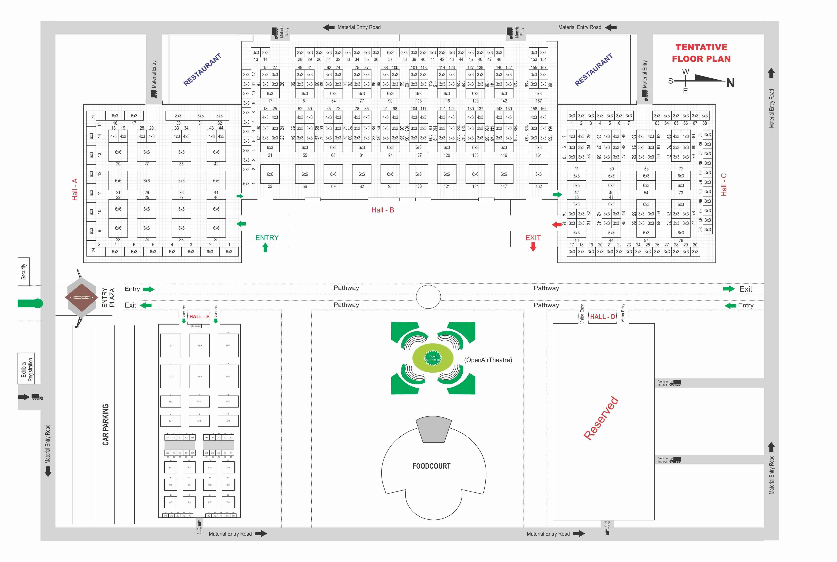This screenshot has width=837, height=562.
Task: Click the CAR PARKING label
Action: [105, 425]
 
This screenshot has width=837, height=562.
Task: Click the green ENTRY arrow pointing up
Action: [265, 247]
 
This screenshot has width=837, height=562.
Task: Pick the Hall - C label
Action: [724, 185]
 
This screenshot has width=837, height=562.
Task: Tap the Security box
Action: [24, 272]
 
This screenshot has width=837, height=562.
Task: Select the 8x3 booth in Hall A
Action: [178, 116]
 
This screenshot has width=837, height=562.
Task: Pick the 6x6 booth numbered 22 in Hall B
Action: [270, 174]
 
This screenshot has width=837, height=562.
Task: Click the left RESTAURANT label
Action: [202, 70]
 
